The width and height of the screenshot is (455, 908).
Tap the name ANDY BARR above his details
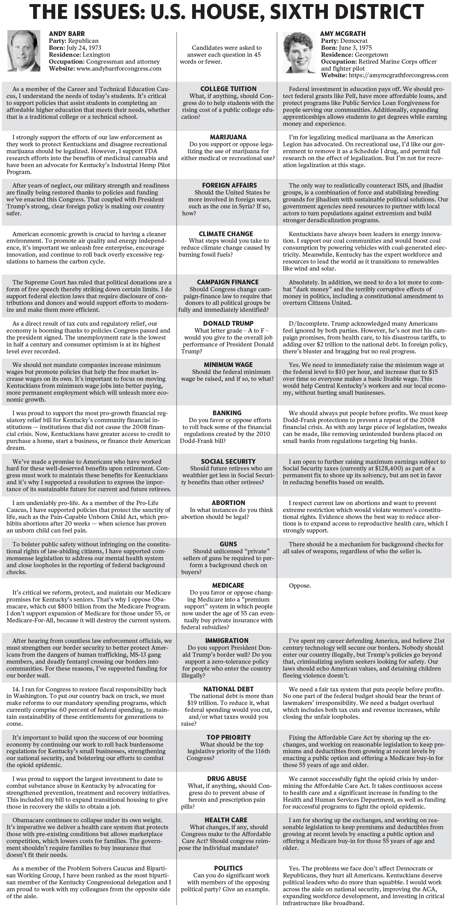(67, 34)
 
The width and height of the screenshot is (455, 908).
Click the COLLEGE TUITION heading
(228, 89)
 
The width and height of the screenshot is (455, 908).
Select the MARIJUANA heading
(228, 137)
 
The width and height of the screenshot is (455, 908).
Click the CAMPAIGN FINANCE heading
(228, 282)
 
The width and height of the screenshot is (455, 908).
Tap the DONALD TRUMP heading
(228, 323)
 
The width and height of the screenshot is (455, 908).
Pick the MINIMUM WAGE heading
(228, 365)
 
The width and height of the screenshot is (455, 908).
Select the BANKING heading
(227, 413)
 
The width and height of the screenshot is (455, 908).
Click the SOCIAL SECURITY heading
(228, 461)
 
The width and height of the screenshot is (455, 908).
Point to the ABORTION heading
(228, 503)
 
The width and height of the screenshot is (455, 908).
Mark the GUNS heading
(228, 544)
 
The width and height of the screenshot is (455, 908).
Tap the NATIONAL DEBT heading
(228, 689)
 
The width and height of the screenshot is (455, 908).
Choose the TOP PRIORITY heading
(228, 737)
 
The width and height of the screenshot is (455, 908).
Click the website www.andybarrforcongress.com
(119, 68)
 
